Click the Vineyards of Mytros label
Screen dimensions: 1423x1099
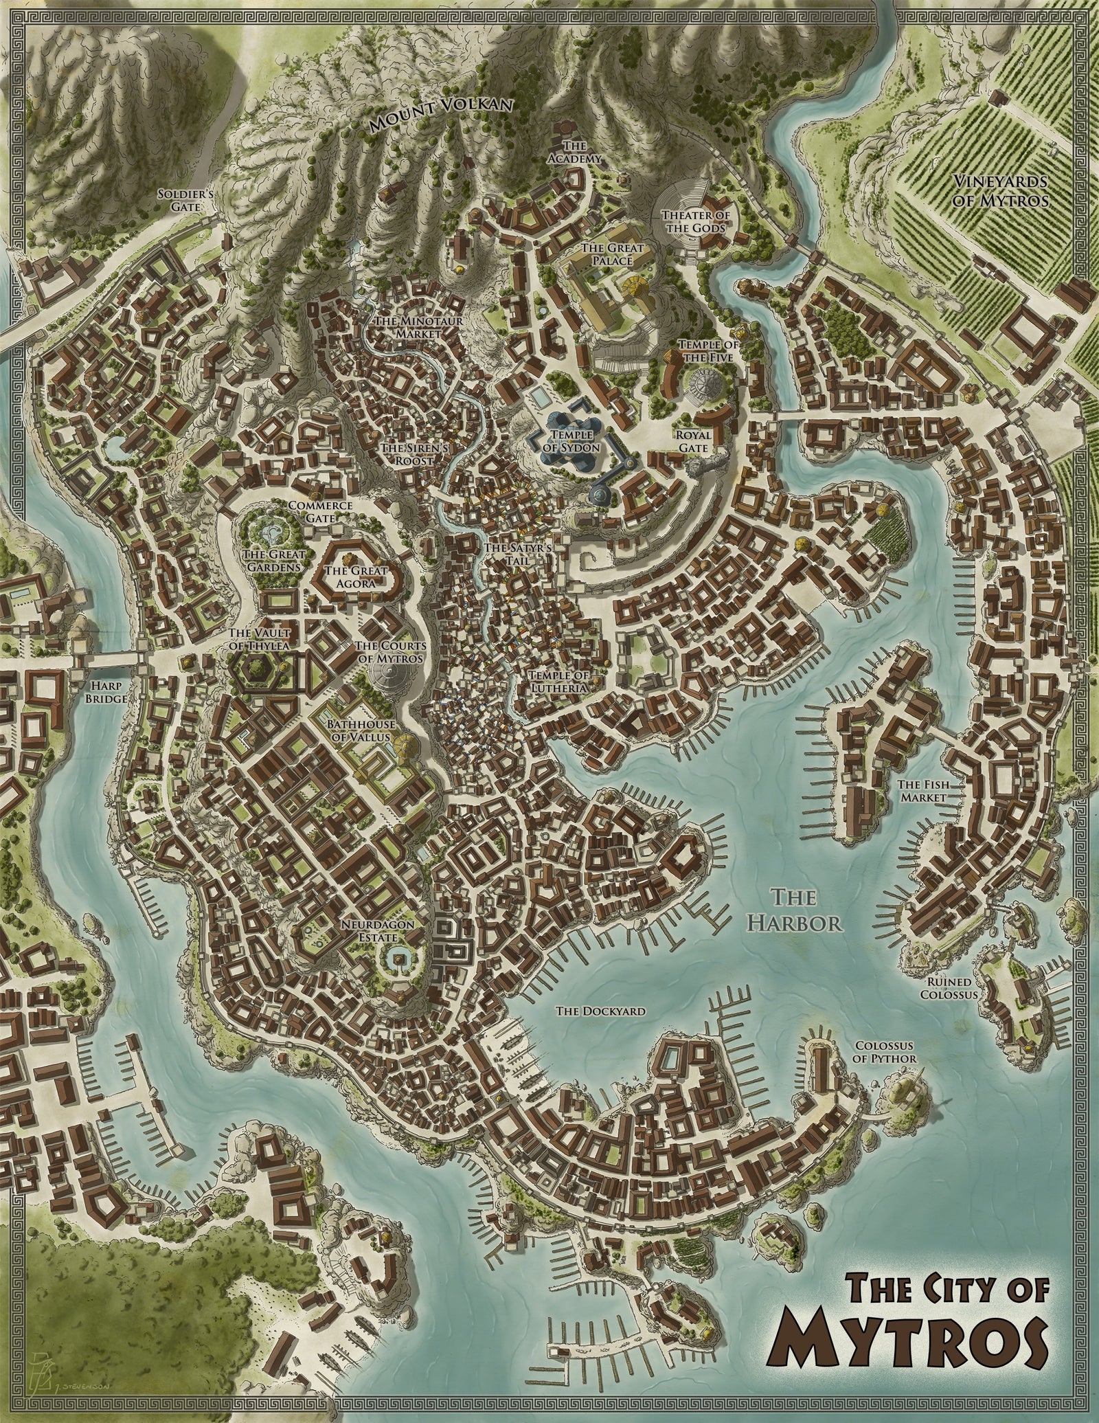[1000, 191]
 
